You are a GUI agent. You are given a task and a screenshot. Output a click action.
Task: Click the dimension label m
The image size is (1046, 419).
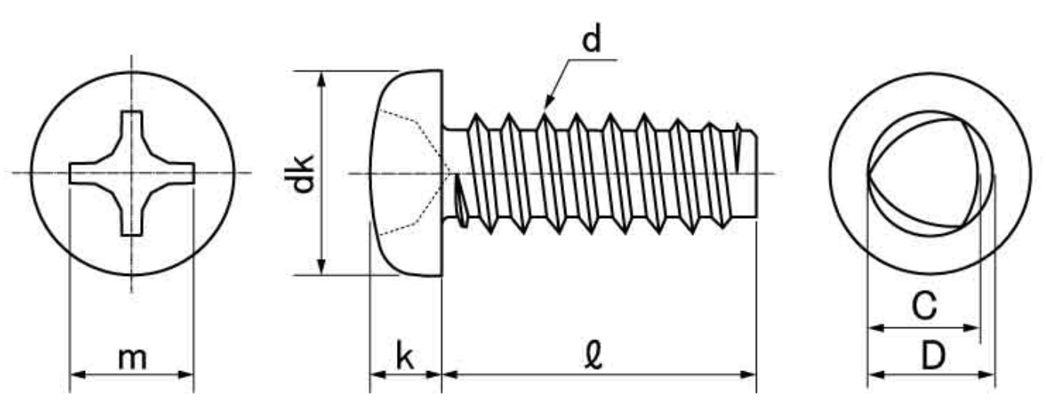[x=132, y=358]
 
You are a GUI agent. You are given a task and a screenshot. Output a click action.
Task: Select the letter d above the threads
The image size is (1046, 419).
[x=591, y=41]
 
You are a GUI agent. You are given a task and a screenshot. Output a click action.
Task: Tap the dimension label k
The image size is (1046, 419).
[x=405, y=356]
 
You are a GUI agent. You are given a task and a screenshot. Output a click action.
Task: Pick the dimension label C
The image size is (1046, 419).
[x=923, y=307]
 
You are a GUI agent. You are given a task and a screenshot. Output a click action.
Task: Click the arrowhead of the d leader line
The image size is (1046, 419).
[x=547, y=103]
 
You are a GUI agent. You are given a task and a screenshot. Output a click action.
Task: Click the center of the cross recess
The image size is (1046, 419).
[x=132, y=172]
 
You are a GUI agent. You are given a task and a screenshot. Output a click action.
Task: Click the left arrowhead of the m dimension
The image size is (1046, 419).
[x=77, y=375]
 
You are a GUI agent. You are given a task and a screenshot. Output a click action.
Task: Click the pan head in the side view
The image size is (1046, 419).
[x=410, y=173]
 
